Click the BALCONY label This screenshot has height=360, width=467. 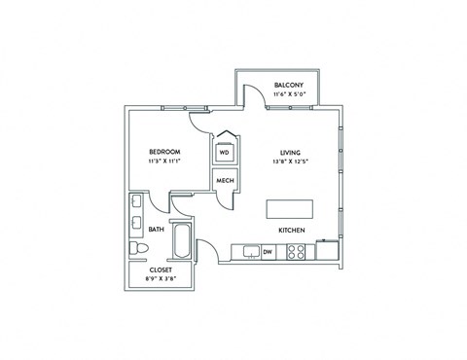288,86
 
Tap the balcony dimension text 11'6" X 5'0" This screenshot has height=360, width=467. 288,95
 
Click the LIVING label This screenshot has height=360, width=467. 290,152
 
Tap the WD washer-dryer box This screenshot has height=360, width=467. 224,153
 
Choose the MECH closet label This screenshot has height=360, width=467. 224,181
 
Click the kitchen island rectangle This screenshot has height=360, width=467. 290,208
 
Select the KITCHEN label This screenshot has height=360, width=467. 292,231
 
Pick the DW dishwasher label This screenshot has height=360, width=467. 268,252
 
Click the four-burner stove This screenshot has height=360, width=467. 299,252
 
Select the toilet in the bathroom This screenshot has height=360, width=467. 138,251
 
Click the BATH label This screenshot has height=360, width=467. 156,231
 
